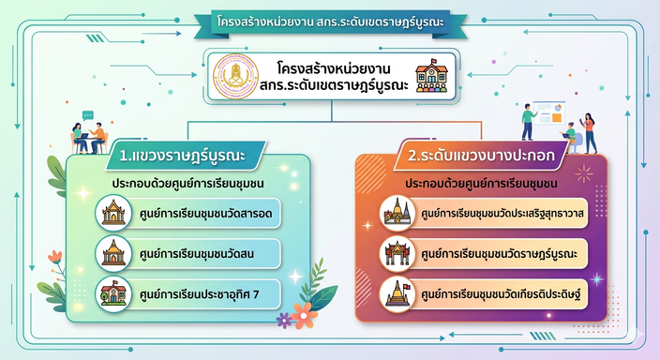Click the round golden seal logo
pyautogui.click(x=235, y=76)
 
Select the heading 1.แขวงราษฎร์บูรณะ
pyautogui.click(x=182, y=156)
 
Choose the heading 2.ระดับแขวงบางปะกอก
pyautogui.click(x=481, y=156)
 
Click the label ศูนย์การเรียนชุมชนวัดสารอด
pyautogui.click(x=206, y=214)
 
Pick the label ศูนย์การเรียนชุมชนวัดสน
pyautogui.click(x=197, y=254)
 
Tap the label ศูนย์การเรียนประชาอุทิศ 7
pyautogui.click(x=199, y=294)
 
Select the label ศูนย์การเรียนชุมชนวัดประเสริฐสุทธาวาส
pyautogui.click(x=502, y=214)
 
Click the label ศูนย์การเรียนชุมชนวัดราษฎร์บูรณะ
pyautogui.click(x=499, y=254)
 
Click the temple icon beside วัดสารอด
pyautogui.click(x=113, y=213)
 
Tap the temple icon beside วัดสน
pyautogui.click(x=113, y=253)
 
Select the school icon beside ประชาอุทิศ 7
pyautogui.click(x=113, y=293)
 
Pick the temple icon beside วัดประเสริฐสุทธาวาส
pyautogui.click(x=397, y=213)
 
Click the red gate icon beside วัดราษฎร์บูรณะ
pyautogui.click(x=397, y=253)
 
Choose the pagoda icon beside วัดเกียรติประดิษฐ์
pyautogui.click(x=397, y=293)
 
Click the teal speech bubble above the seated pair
pyautogui.click(x=87, y=115)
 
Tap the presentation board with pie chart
pyautogui.click(x=549, y=112)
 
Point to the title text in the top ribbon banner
pyautogui.click(x=330, y=22)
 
